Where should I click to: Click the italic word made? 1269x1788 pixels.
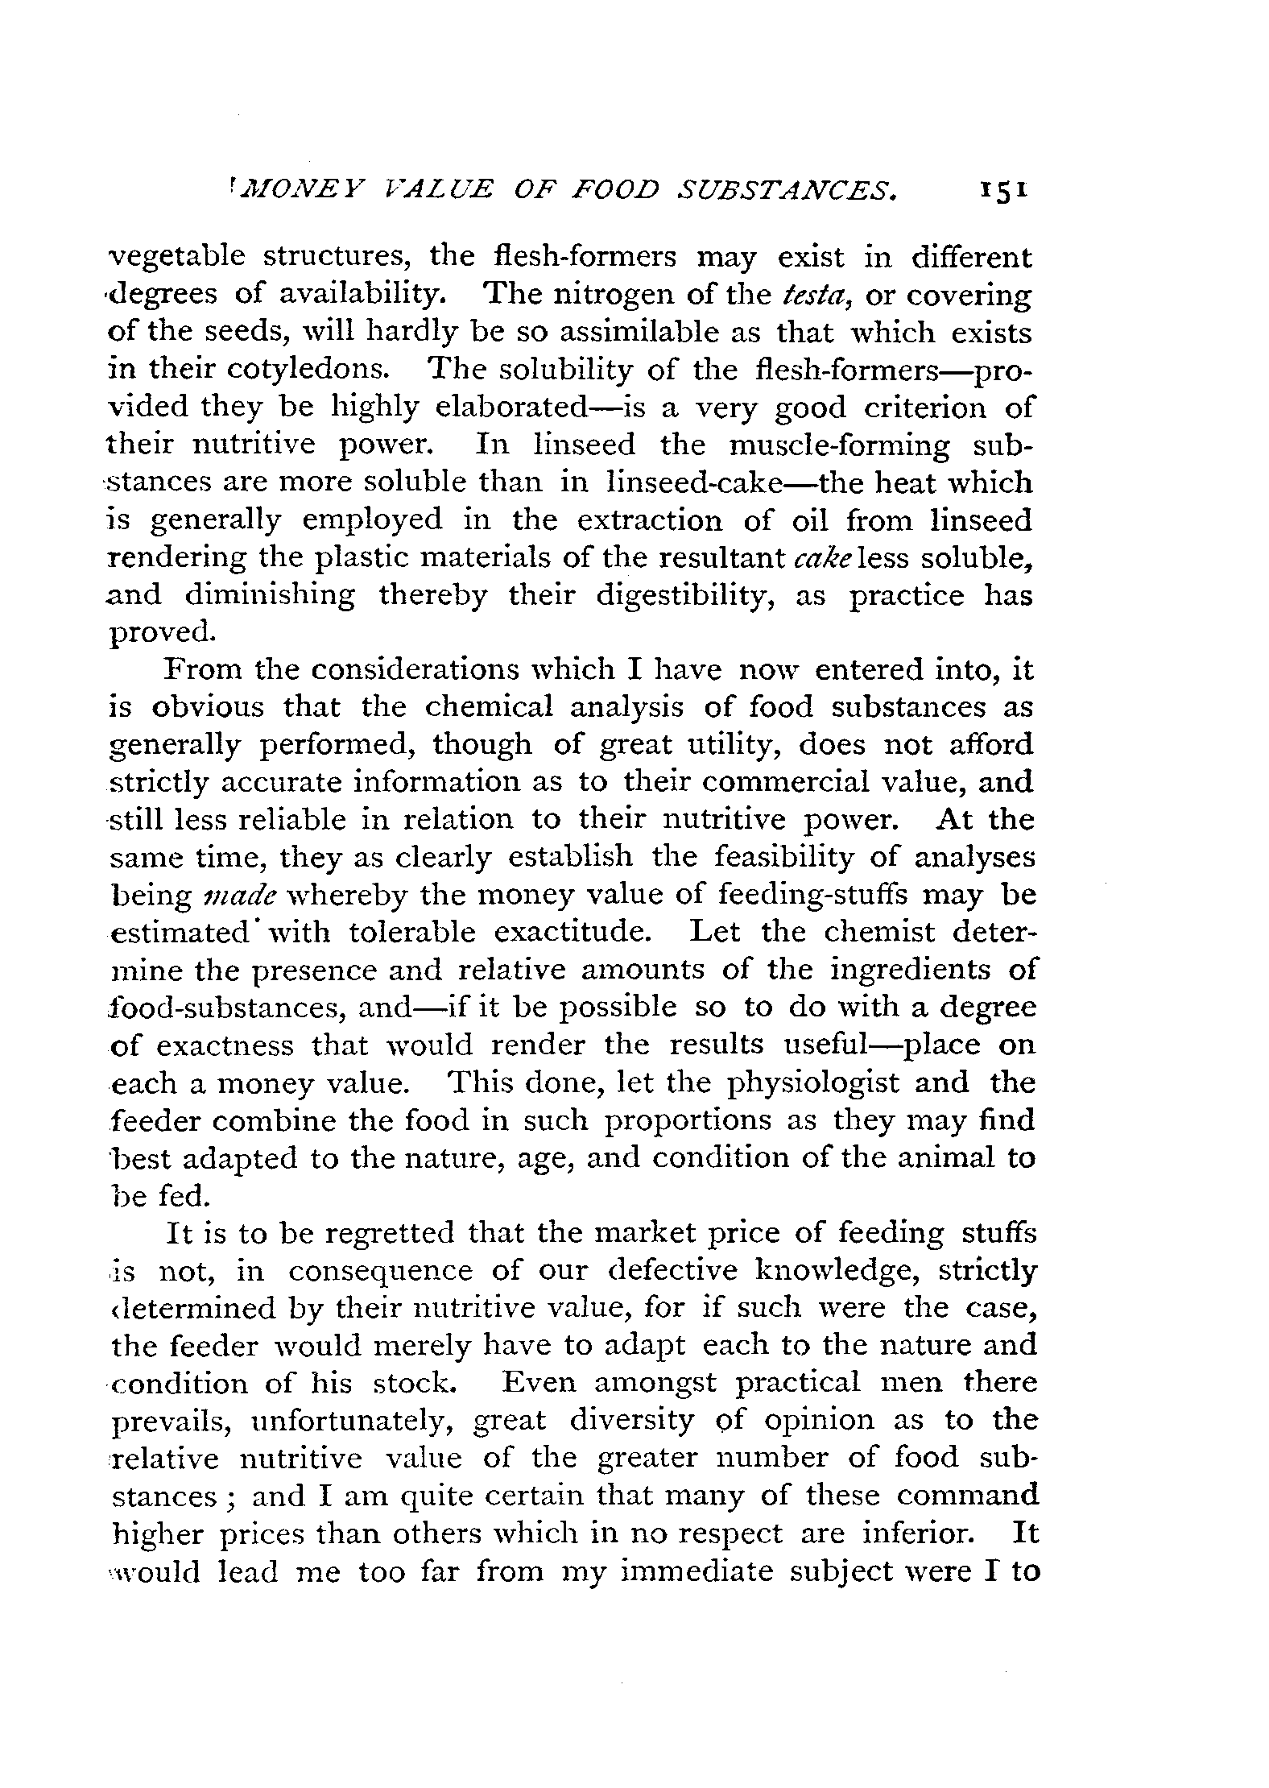260,896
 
